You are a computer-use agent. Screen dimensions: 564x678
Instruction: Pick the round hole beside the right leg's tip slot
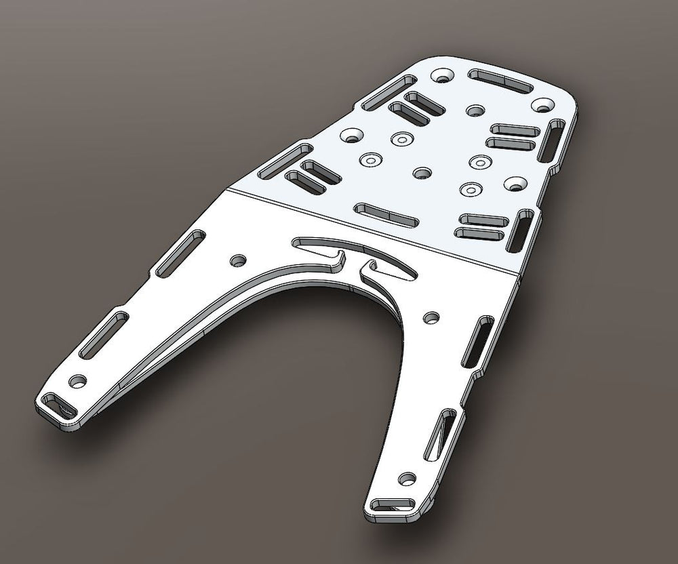406,479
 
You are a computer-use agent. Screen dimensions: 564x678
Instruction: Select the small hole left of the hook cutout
238,260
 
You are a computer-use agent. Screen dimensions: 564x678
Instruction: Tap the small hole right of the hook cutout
431,317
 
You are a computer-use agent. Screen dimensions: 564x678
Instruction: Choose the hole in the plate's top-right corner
542,105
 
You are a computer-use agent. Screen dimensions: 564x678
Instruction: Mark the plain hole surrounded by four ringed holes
422,172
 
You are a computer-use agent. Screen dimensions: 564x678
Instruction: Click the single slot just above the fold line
387,214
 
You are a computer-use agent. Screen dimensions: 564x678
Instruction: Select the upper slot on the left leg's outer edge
181,253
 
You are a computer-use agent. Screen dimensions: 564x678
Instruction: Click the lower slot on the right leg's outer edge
440,434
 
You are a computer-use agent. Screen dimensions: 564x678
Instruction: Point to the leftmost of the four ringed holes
370,161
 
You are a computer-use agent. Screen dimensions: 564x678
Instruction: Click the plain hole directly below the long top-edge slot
475,110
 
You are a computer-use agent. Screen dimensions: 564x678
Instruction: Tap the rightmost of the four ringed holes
481,161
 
